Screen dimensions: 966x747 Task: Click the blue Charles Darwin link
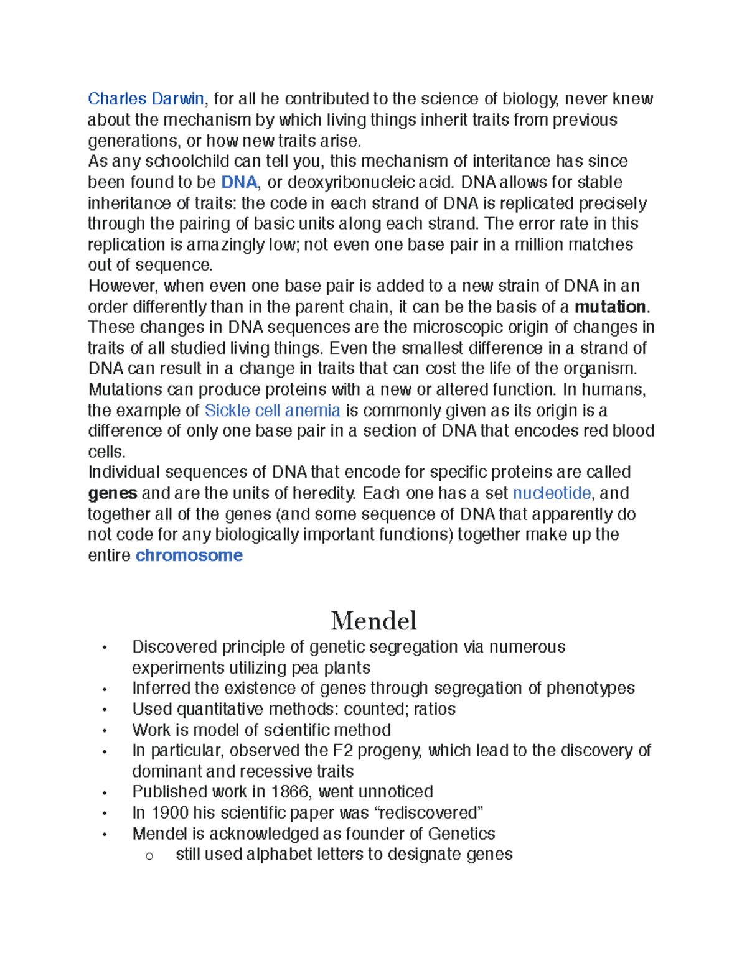146,99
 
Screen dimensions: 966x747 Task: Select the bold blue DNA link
239,182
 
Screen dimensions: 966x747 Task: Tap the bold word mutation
610,307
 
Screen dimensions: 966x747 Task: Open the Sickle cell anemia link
272,411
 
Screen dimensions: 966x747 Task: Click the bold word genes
112,493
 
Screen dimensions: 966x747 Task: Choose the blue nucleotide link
552,493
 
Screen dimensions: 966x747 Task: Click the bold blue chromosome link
189,555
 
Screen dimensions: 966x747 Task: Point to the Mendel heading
374,620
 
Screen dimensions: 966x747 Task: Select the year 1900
169,813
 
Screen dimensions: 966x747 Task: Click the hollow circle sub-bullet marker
149,856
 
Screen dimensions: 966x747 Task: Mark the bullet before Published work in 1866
105,793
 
